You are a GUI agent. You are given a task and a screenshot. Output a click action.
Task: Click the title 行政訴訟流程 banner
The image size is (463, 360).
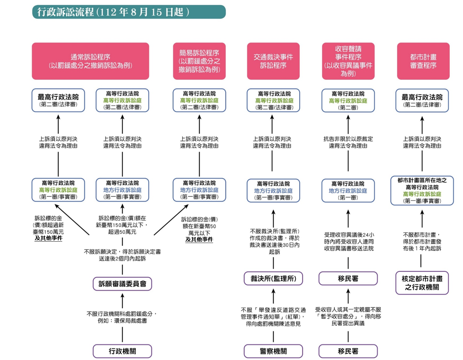coord(129,12)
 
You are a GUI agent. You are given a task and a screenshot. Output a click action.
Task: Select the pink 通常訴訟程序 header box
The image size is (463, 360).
coord(90,61)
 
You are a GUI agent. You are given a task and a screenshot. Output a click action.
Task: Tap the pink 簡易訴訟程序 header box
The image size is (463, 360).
coord(199,61)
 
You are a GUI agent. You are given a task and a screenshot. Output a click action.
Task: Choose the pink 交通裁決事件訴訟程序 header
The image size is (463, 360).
coord(273,61)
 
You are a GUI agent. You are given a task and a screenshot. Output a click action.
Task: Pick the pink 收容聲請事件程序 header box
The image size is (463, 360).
coord(348,61)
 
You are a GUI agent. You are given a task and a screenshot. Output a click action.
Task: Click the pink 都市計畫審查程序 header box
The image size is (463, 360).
coord(423,61)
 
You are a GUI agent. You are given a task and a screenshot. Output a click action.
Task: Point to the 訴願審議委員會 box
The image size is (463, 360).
coord(122,284)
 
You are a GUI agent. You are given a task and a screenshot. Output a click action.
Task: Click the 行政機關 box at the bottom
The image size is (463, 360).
coord(122,351)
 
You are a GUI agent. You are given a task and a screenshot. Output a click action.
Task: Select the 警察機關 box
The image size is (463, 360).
coord(273,351)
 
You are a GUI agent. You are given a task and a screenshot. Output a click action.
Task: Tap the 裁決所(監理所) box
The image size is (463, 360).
coord(273,278)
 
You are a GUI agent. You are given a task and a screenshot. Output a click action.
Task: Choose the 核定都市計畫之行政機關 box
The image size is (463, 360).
coord(422,283)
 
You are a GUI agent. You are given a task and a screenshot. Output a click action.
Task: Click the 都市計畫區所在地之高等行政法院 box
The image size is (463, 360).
coord(422,191)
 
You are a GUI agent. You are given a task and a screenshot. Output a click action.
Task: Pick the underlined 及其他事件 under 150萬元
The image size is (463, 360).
coord(49,238)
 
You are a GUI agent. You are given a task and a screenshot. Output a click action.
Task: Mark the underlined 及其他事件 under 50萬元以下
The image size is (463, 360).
coord(199,240)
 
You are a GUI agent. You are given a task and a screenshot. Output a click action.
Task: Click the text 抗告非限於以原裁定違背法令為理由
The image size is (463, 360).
coord(348,142)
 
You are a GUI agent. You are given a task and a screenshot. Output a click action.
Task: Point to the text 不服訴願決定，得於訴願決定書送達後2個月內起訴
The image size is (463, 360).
coord(122,255)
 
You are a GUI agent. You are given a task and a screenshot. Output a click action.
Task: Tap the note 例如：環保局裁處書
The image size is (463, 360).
coord(122,321)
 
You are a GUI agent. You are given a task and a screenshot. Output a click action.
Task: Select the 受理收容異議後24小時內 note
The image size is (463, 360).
coord(348,242)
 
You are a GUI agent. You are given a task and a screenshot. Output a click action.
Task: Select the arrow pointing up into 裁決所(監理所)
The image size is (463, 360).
coord(273,296)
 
